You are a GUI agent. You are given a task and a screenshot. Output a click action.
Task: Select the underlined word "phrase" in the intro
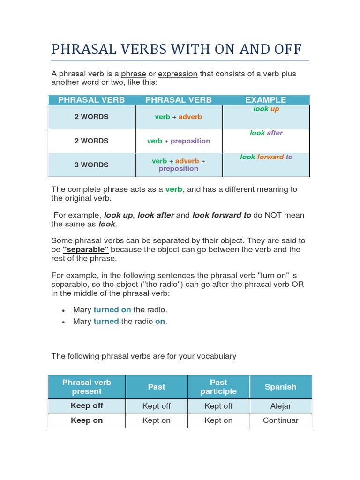[134, 74]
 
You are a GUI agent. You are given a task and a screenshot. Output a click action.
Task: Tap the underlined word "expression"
[178, 74]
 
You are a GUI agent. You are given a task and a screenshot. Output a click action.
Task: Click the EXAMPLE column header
[266, 100]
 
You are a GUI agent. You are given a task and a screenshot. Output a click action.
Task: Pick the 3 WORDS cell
[91, 165]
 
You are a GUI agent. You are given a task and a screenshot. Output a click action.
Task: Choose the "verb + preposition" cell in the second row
[179, 141]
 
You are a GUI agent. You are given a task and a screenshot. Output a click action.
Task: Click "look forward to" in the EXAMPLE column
[266, 157]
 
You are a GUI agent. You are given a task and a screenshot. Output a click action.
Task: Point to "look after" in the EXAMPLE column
[266, 133]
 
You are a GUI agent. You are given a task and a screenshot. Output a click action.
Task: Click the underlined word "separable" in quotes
[86, 249]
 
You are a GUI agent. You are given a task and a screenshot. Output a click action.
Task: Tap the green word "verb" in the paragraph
[174, 189]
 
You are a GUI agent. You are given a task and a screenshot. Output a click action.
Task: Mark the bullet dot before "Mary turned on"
[63, 310]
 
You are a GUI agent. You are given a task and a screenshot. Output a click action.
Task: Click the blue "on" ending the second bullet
[160, 322]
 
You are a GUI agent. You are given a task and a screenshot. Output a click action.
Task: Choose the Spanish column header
[280, 387]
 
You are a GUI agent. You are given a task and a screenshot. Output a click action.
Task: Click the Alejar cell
[280, 406]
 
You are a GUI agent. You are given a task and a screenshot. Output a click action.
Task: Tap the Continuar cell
[280, 420]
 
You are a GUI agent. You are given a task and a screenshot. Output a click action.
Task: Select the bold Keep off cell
[87, 406]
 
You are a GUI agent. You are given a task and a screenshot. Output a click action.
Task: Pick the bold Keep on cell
[87, 420]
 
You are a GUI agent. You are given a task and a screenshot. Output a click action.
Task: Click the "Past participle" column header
[218, 387]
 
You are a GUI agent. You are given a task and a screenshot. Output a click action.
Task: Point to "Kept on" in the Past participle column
[218, 420]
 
